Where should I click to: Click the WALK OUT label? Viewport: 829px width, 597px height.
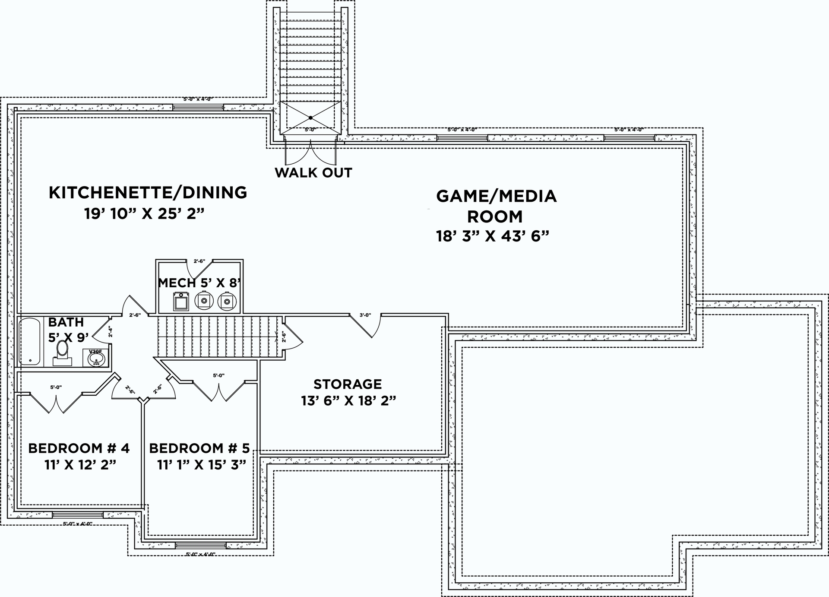313,173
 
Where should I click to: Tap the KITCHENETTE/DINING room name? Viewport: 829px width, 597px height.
148,193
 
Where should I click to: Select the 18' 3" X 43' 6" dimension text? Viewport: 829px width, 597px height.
493,236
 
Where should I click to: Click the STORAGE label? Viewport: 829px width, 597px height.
348,384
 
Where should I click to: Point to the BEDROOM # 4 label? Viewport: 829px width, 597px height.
79,448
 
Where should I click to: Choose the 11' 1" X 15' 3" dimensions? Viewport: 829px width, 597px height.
201,465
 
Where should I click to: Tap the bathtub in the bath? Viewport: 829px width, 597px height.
29,341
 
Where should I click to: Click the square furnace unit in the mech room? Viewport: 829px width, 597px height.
181,301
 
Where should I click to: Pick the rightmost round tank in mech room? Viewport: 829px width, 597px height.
226,301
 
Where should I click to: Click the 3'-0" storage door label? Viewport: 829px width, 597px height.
365,315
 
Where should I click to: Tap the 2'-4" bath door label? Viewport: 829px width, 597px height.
111,331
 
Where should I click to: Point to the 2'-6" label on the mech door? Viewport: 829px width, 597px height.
199,261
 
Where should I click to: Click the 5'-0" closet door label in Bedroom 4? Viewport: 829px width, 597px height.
56,387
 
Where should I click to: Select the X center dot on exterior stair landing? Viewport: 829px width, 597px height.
310,117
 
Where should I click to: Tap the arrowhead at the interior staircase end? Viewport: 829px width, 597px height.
277,334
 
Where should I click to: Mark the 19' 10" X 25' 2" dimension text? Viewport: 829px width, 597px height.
144,214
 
